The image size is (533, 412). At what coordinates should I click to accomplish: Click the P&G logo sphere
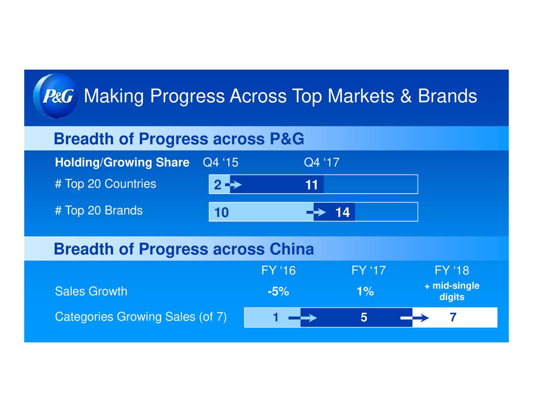pos(56,96)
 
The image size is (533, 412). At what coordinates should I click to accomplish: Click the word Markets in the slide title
pos(361,96)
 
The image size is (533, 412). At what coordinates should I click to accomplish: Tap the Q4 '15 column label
pos(221,162)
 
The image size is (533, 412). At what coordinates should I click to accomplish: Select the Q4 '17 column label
pos(321,162)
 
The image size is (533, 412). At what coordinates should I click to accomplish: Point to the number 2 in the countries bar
pos(217,185)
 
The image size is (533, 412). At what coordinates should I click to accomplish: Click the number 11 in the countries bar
pos(311,185)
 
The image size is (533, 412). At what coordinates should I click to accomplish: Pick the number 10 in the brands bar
pos(222,212)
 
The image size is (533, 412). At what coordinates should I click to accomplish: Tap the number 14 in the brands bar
pos(342,212)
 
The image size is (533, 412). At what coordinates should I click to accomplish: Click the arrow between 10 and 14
pos(316,212)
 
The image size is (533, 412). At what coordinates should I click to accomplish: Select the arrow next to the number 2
pos(233,185)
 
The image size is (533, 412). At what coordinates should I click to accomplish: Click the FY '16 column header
pos(279,270)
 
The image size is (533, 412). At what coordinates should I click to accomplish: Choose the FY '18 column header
pos(452,270)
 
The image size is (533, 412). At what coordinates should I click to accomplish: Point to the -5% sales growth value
pos(279,292)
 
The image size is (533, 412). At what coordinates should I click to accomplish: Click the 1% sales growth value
pos(365,292)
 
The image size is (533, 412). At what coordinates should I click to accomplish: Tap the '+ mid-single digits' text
pos(452,291)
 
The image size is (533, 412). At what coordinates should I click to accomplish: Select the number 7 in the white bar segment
pos(453,317)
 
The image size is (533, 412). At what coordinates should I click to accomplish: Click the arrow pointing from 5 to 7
pos(414,318)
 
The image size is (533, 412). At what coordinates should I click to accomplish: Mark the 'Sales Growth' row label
pos(91,291)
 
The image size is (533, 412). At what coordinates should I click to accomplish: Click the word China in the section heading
pos(292,249)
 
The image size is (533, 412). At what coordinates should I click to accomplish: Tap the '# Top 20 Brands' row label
pos(99,210)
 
